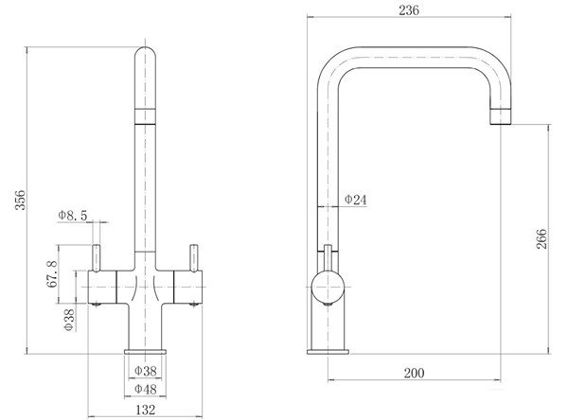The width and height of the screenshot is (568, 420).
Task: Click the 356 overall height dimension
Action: (x=20, y=200)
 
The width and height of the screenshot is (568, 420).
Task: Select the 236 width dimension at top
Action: (x=409, y=10)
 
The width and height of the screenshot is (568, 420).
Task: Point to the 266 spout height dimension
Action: (x=541, y=238)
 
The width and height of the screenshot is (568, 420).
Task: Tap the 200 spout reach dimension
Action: (x=414, y=373)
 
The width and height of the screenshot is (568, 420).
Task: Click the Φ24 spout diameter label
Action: (x=355, y=200)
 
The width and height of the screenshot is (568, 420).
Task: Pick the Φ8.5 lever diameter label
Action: (x=73, y=215)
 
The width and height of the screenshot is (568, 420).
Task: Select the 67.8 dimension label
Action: (x=52, y=274)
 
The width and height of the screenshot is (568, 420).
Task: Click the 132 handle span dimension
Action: (x=146, y=410)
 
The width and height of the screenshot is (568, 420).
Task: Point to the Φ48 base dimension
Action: (x=146, y=389)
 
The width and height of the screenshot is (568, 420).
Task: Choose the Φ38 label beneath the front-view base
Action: (x=146, y=371)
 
